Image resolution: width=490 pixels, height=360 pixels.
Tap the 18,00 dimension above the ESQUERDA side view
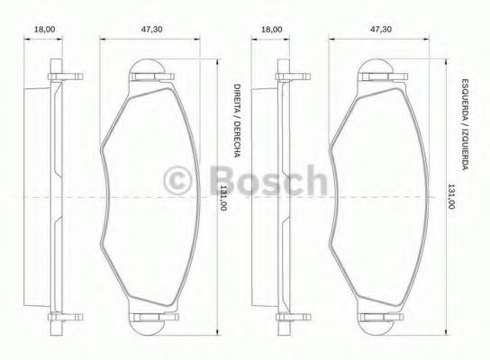point(270,30)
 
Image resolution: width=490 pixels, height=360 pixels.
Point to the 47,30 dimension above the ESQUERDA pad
point(381,30)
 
